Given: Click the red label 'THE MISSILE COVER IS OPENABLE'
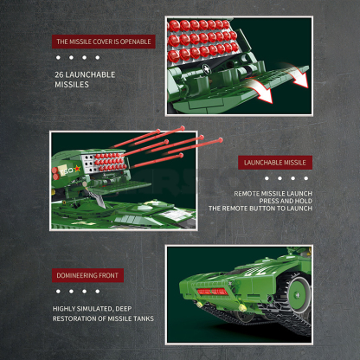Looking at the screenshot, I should [x=103, y=41].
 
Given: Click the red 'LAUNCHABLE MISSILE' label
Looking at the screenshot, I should [x=276, y=163].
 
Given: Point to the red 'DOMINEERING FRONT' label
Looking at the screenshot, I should [x=87, y=275].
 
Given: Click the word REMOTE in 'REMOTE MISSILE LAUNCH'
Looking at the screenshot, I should [x=247, y=193].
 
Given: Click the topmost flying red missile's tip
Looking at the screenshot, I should [x=164, y=132].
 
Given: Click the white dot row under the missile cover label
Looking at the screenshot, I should [x=72, y=58].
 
